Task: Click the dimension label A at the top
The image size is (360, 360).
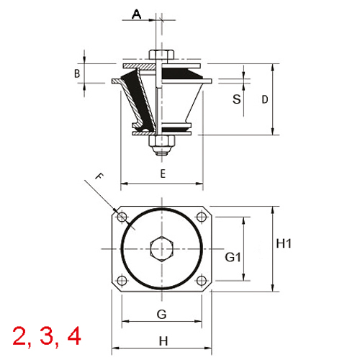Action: coord(137,14)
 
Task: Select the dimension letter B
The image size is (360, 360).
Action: coord(76,73)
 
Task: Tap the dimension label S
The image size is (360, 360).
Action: coord(235,99)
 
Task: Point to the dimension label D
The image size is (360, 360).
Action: coord(264,99)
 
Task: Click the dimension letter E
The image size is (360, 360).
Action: coord(163,174)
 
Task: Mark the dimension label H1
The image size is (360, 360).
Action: coord(284,243)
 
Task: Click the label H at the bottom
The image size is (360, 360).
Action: coord(163,341)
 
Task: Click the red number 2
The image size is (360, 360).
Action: coord(19,336)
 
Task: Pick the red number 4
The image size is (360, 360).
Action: coord(73,336)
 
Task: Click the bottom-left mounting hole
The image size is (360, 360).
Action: coord(122,281)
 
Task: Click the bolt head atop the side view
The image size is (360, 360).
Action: coord(161,55)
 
